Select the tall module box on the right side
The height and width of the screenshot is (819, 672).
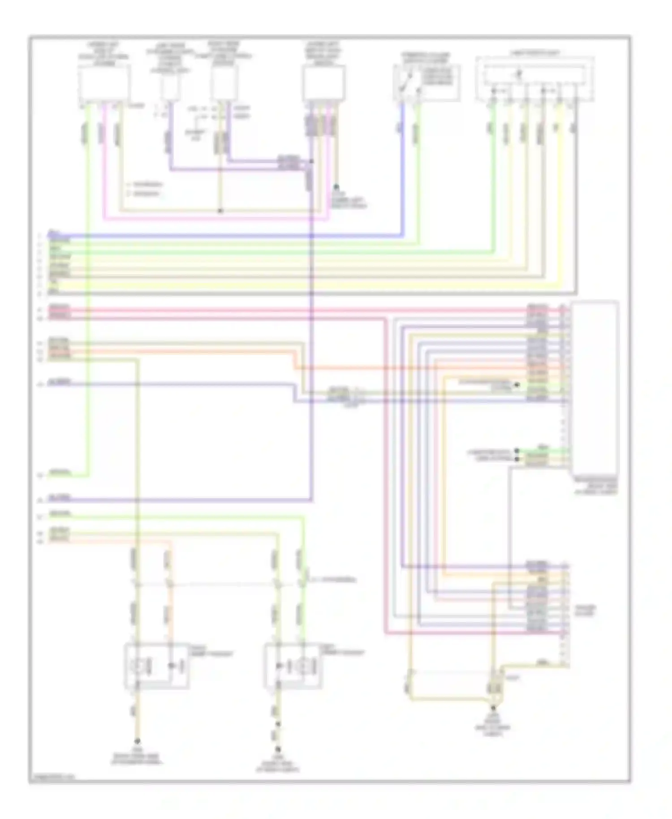[595, 388]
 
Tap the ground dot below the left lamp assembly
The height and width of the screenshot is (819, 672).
[138, 741]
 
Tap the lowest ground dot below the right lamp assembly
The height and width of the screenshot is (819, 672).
[278, 748]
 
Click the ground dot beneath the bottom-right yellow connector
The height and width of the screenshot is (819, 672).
[493, 708]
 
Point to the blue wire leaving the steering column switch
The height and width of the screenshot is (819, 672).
[402, 170]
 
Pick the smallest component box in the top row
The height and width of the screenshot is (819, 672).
[170, 86]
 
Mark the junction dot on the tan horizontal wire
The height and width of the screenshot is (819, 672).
[220, 211]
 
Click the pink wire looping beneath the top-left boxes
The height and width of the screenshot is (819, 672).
[215, 220]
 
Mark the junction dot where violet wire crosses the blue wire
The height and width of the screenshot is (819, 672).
[311, 236]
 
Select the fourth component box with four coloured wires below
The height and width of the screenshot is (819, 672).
[324, 84]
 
